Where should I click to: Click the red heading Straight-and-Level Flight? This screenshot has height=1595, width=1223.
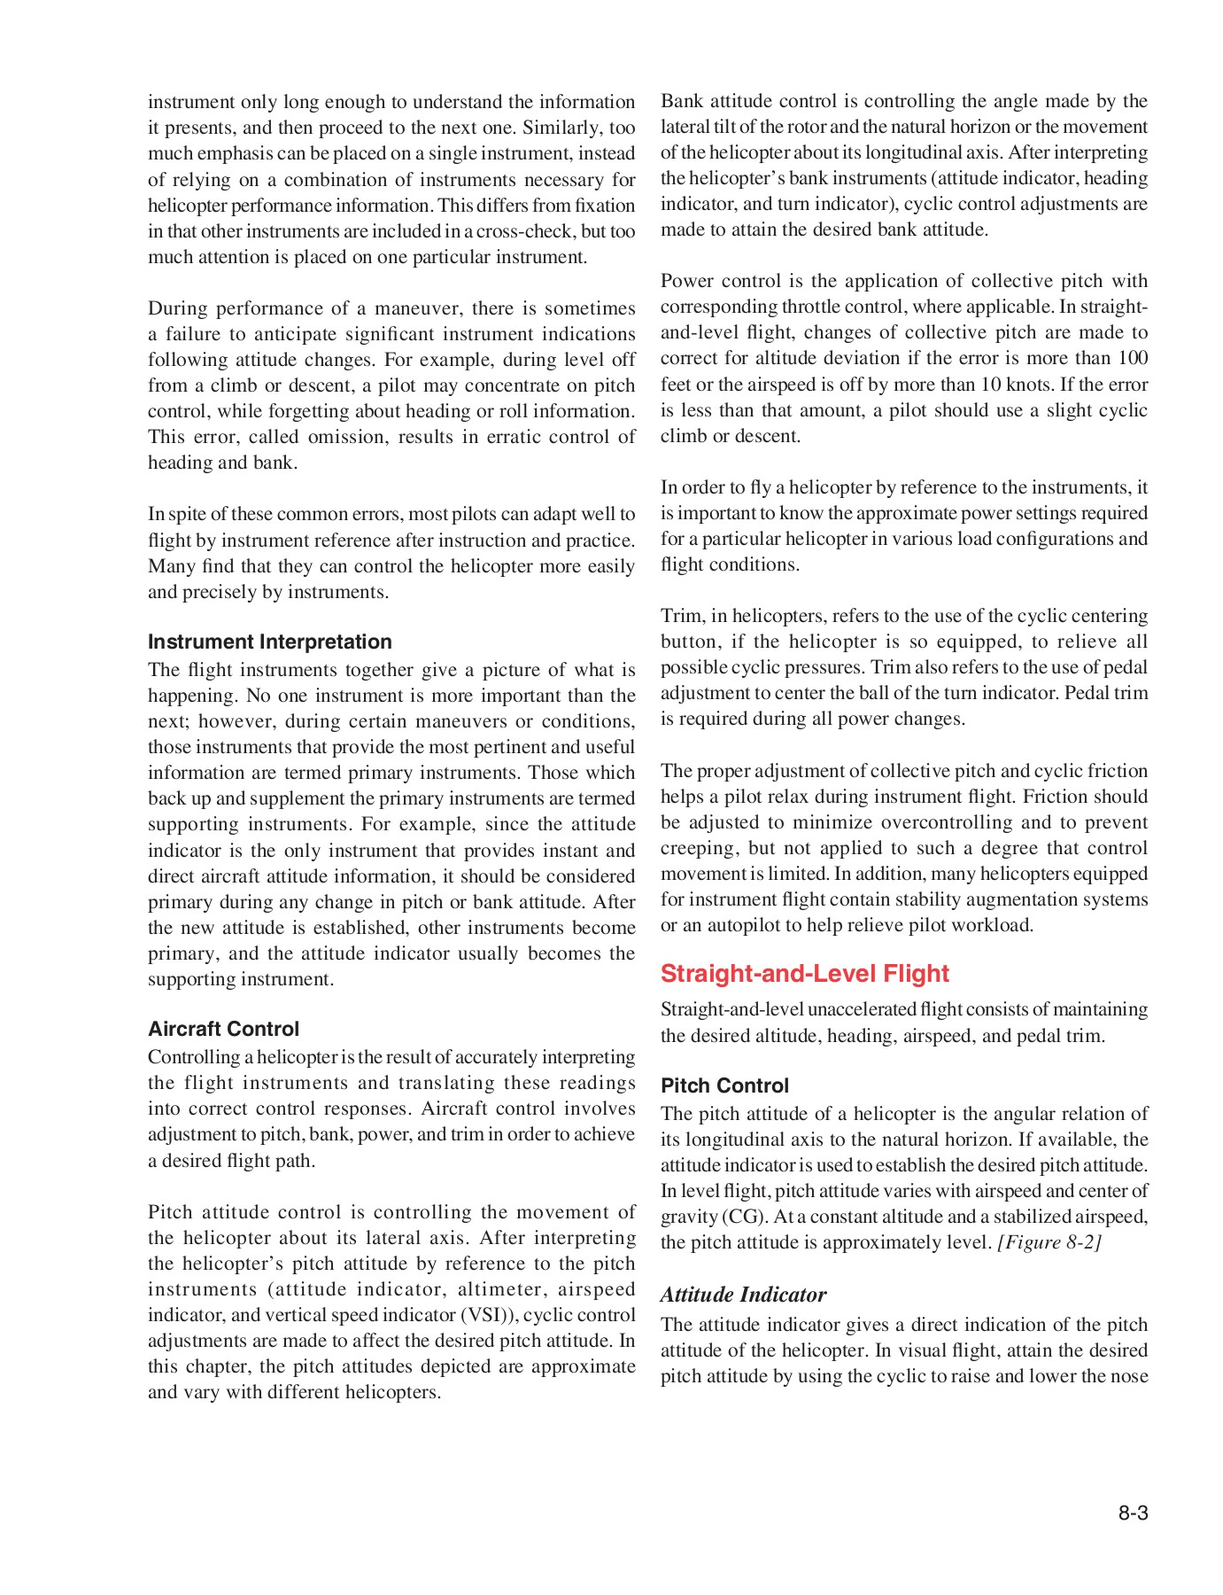coord(804,973)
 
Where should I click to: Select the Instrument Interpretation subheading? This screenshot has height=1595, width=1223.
coord(269,642)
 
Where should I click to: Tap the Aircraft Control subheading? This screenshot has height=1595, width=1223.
coord(223,1029)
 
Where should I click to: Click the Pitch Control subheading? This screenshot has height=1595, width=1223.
coord(724,1085)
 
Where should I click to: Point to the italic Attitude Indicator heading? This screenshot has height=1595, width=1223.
coord(743,1295)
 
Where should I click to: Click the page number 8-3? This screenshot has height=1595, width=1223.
coord(1133,1513)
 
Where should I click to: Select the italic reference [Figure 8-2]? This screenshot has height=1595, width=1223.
coord(1049,1242)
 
